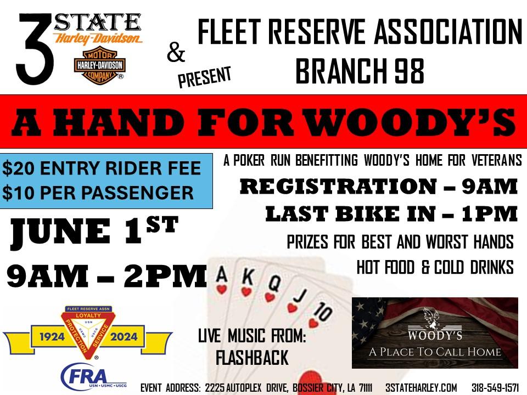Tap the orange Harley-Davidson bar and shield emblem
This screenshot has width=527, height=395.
(99, 65)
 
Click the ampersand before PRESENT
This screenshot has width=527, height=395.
(176, 53)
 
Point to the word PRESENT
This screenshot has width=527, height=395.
(204, 77)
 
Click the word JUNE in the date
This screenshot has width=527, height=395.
(60, 231)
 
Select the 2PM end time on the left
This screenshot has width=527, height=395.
(165, 276)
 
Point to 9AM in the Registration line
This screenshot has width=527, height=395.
(489, 186)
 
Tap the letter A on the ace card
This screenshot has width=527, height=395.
(222, 274)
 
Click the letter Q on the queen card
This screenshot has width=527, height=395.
(274, 284)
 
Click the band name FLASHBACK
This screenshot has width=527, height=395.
(252, 357)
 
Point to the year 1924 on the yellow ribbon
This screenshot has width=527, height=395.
(52, 336)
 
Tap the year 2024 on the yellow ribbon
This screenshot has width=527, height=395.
(124, 336)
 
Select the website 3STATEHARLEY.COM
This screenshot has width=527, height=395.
(421, 387)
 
